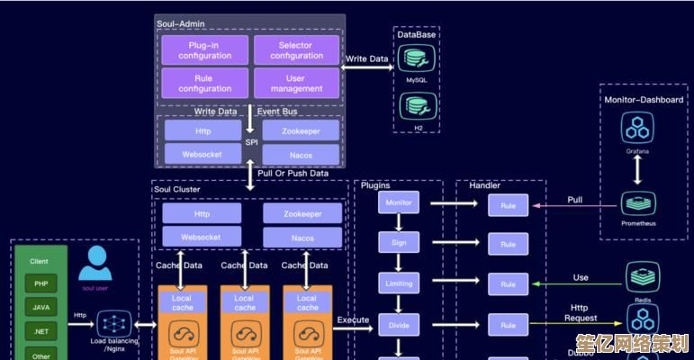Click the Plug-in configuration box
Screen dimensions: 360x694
205,49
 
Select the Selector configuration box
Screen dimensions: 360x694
296,49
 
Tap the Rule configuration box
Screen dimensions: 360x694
205,84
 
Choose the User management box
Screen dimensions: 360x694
296,84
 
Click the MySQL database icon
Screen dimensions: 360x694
417,58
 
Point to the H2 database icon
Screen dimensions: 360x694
417,107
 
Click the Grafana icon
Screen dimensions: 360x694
637,129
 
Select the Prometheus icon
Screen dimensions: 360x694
638,202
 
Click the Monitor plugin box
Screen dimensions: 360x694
399,203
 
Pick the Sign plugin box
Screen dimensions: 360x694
399,243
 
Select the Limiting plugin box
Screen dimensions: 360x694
399,283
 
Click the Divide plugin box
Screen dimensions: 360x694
399,325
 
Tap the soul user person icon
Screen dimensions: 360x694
95,264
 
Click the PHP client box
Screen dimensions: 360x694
41,283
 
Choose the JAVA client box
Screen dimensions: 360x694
41,308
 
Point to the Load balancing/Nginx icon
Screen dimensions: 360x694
113,323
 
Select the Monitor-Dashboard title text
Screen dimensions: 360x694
644,100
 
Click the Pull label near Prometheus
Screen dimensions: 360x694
574,200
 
